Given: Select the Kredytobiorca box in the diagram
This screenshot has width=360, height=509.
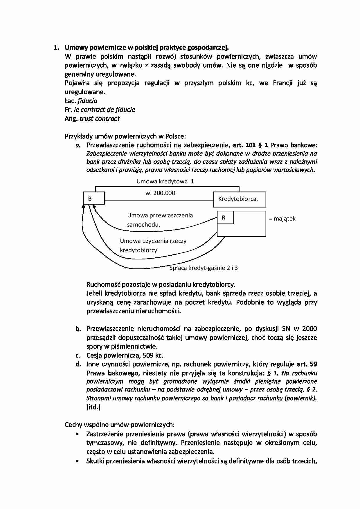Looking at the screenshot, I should pos(240,199).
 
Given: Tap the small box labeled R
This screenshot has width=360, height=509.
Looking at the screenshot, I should pos(225,218).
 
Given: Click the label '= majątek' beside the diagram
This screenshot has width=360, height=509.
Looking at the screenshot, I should pos(282,219).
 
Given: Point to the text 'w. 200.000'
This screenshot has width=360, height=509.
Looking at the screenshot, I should pos(160,193).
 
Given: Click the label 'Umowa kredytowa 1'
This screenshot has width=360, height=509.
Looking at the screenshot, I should pos(165,181).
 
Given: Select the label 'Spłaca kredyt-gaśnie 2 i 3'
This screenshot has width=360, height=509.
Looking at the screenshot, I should pos(204,268).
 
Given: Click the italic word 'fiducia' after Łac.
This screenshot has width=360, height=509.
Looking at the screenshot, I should pos(87,101).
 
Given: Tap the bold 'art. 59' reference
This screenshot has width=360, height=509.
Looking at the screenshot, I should pos(307,364).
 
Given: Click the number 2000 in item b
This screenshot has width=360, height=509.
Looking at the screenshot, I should pos(309,328).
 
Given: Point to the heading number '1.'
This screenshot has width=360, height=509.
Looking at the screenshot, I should pos(57,48).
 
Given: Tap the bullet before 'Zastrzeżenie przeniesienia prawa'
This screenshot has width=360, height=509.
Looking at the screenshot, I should pos(77,434).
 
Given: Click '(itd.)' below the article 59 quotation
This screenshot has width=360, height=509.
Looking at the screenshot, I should pos(93,407).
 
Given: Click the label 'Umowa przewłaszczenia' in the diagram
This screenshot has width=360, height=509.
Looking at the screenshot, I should pos(160,215).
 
